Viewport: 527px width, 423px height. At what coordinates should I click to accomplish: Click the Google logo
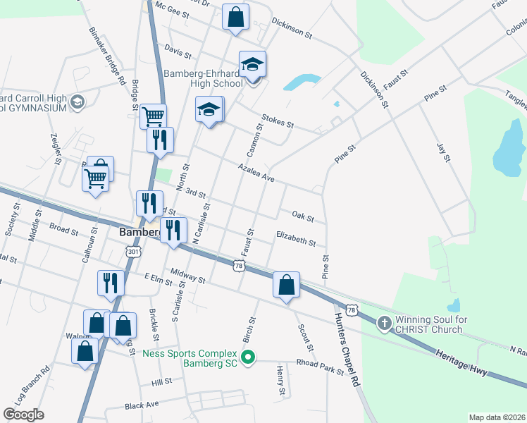(23, 415)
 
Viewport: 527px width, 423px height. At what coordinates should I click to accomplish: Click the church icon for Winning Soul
(384, 324)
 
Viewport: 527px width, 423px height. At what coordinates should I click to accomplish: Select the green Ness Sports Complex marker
(247, 358)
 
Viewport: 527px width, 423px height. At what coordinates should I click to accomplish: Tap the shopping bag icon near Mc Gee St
(235, 16)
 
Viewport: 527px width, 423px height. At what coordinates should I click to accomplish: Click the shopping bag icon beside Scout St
(287, 285)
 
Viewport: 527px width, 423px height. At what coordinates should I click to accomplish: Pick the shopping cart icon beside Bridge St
(154, 115)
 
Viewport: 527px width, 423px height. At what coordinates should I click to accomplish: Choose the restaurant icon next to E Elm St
(111, 282)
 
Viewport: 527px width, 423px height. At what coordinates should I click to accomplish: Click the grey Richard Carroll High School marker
(77, 102)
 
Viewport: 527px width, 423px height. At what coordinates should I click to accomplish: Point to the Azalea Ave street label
(255, 173)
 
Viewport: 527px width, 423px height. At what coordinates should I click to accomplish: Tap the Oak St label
(302, 214)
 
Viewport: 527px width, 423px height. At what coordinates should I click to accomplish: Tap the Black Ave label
(142, 406)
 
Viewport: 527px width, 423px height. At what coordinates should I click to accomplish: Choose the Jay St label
(442, 152)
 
